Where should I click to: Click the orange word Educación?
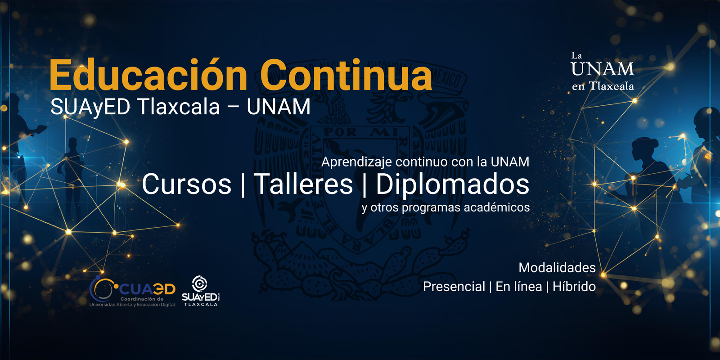(148, 74)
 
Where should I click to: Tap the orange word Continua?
(346, 74)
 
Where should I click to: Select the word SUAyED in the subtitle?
(90, 107)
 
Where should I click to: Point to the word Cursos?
(187, 184)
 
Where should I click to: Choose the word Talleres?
(303, 184)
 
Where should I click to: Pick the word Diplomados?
(453, 184)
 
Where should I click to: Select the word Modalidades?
(557, 268)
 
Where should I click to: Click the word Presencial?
(454, 286)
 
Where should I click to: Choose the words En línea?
(518, 286)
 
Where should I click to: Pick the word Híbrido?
(574, 286)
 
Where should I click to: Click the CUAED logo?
(132, 291)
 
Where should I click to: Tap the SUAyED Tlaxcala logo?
(201, 291)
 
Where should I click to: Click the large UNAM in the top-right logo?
(603, 69)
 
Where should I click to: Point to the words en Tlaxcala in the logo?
(603, 86)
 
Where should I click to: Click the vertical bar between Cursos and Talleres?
(243, 184)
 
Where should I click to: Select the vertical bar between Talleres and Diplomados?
(364, 184)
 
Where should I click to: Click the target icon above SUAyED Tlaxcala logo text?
(200, 283)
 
